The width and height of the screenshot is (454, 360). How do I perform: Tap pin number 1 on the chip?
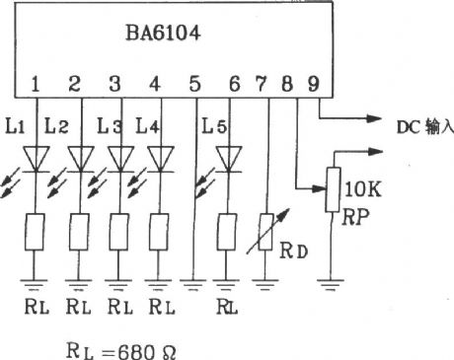pos(35,84)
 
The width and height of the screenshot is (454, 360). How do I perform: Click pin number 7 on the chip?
pos(266,84)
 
